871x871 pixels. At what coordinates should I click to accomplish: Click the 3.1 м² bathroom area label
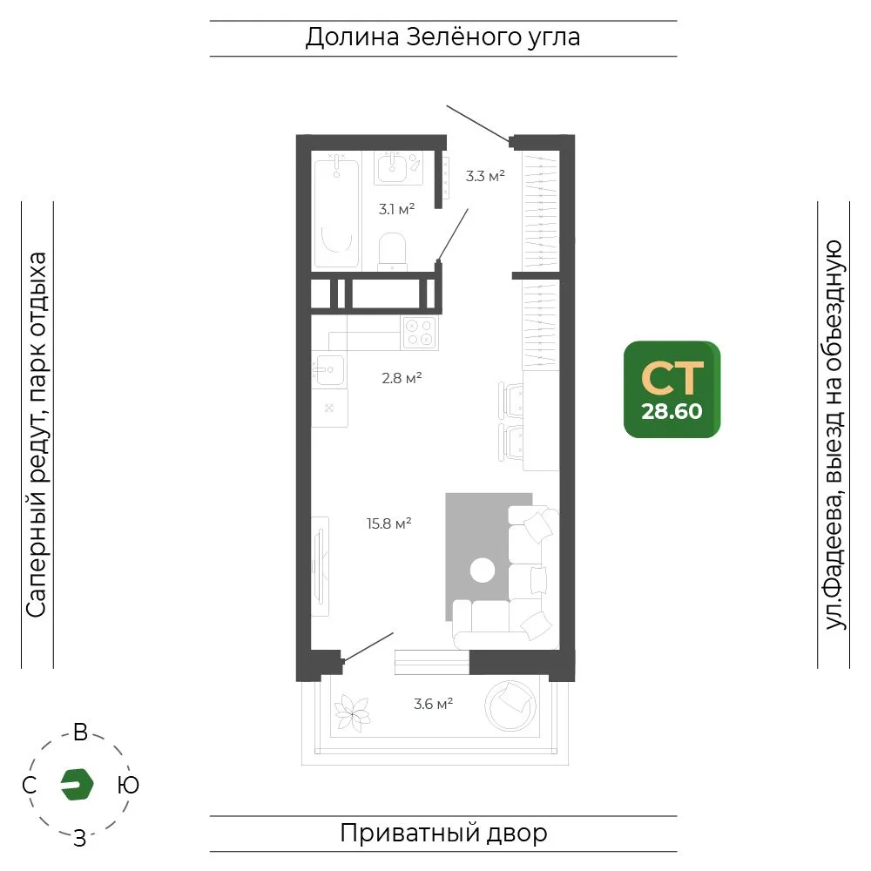396,209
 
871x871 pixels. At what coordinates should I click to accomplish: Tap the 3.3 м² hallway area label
485,176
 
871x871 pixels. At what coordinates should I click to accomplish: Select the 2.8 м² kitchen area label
402,378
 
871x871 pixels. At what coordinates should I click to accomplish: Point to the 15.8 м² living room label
388,523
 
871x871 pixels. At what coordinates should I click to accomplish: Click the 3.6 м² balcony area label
433,705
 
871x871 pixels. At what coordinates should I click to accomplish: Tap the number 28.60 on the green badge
672,412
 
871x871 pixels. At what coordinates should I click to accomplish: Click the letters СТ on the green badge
672,378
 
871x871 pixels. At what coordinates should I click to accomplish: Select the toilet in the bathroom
392,252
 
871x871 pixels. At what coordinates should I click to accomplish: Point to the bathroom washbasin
393,167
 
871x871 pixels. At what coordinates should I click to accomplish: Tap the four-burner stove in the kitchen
420,332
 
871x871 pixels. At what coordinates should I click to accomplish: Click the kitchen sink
329,368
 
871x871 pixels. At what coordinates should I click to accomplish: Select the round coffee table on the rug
483,571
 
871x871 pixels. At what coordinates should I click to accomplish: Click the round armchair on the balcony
511,706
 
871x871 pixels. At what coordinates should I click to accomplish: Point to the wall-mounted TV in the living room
320,567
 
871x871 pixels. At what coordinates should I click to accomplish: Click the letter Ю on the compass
128,785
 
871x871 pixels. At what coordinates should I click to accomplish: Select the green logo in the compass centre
77,785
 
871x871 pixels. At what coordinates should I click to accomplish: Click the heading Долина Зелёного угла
442,37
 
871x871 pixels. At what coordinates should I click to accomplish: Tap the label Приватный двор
443,834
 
